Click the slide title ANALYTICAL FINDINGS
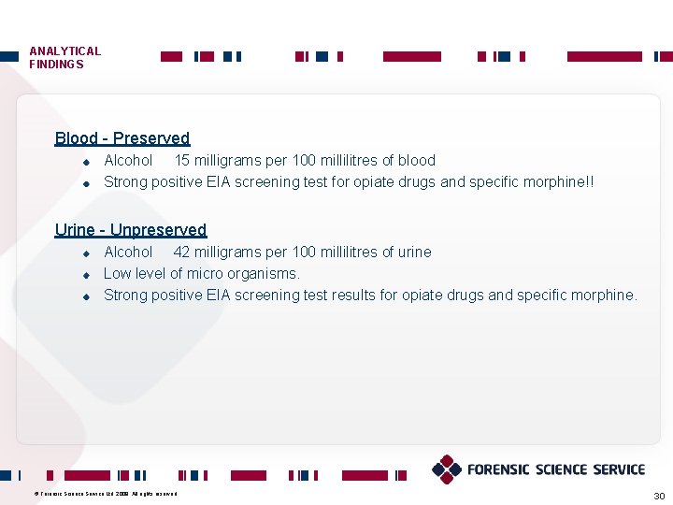point(64,58)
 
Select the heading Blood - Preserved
point(122,138)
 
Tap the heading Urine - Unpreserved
point(130,230)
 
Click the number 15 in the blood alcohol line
point(183,161)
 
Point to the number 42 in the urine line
point(181,252)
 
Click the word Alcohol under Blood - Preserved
point(128,161)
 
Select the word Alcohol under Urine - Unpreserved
point(128,252)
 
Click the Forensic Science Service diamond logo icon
point(447,469)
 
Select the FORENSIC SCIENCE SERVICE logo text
point(556,469)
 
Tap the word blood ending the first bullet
point(416,161)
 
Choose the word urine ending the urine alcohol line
point(413,252)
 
